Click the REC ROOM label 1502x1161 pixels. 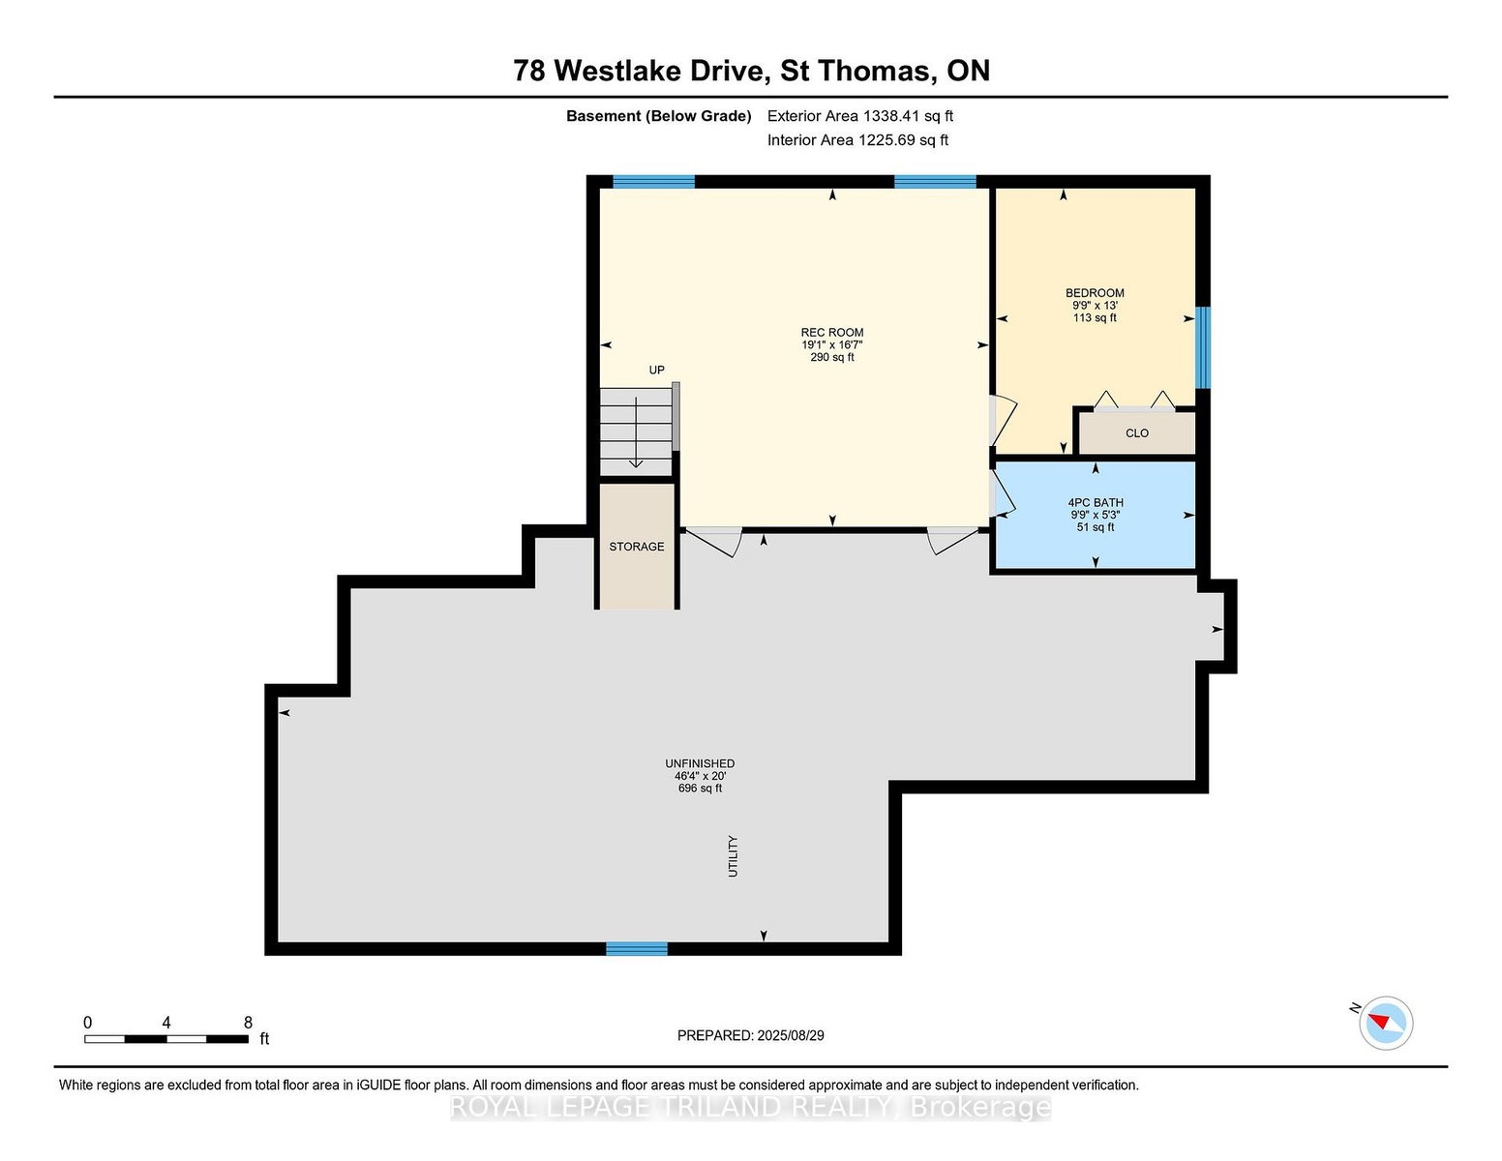pos(832,332)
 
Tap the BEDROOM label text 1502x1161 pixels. pos(1095,293)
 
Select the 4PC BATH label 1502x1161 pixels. pos(1096,503)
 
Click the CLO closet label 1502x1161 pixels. pos(1137,433)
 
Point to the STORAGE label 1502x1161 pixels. pos(637,547)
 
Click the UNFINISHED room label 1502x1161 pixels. pos(701,763)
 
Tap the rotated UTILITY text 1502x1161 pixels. pos(733,856)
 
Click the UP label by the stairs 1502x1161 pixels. pos(657,371)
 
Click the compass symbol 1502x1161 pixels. pos(1385,1023)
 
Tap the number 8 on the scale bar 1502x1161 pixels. pos(248,1023)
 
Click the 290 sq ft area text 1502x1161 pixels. pos(832,357)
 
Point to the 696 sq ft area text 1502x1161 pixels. pos(701,789)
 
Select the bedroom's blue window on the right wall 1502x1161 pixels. pos(1203,347)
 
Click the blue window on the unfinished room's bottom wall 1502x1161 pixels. pos(637,949)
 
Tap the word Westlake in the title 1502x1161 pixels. pos(662,71)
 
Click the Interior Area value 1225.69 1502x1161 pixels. pos(886,140)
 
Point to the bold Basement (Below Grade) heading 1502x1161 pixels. pos(659,116)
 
